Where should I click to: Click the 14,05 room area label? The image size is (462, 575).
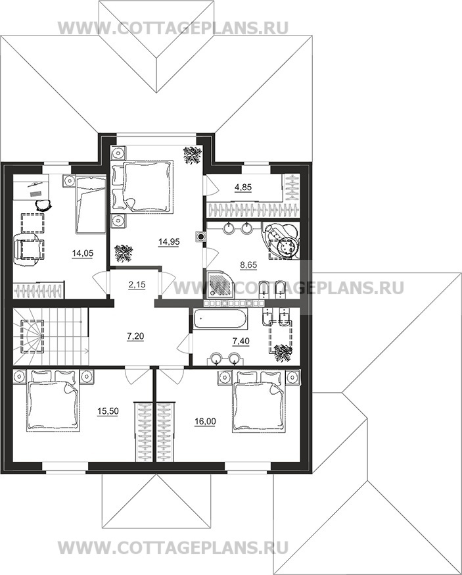pyautogui.click(x=83, y=253)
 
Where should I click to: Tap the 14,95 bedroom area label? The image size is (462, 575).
pyautogui.click(x=169, y=241)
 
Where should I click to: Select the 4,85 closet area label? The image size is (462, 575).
pyautogui.click(x=243, y=187)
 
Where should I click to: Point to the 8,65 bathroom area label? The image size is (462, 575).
pyautogui.click(x=249, y=264)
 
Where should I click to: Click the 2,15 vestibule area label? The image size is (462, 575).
pyautogui.click(x=137, y=285)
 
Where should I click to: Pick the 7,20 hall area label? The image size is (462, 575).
pyautogui.click(x=135, y=336)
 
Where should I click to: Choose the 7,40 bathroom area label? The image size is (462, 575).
pyautogui.click(x=241, y=341)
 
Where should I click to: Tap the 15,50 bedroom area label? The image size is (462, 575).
pyautogui.click(x=108, y=411)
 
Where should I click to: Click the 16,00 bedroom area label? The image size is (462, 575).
pyautogui.click(x=205, y=422)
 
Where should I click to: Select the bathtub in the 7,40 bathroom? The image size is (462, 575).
pyautogui.click(x=219, y=319)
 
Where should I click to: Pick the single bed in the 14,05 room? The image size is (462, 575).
pyautogui.click(x=91, y=204)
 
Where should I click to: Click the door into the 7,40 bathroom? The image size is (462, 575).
pyautogui.click(x=185, y=344)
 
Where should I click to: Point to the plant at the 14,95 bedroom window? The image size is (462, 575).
pyautogui.click(x=192, y=154)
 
